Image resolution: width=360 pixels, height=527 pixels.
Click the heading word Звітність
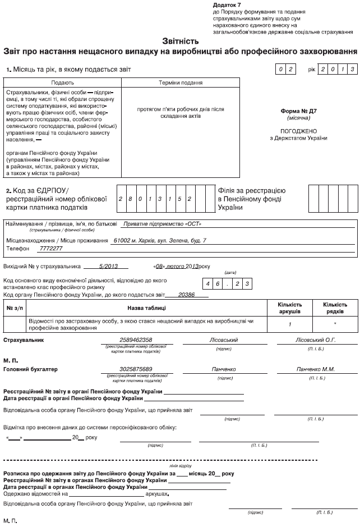coord(180,41)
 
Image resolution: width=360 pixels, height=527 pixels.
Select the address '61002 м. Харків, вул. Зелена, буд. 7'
coord(160,240)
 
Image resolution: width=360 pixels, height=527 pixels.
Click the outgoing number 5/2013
coord(106,267)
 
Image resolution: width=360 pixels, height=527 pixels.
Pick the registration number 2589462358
coord(136,340)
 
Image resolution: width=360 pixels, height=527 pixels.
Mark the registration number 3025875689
coord(136,369)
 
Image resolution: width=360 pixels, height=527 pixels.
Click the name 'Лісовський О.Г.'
coord(315,340)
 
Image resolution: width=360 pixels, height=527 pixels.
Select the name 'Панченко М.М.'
coord(315,369)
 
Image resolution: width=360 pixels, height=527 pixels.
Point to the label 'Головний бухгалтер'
coord(30,369)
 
